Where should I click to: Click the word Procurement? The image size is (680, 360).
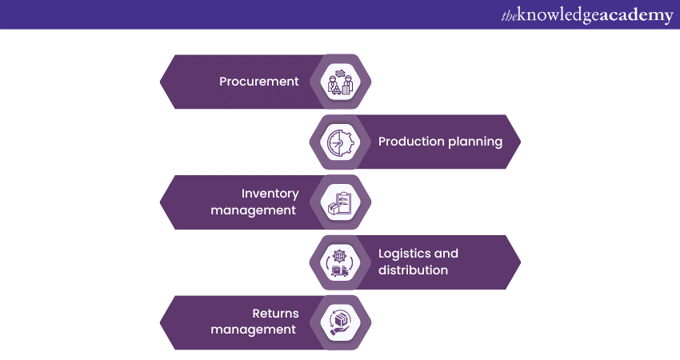pyautogui.click(x=259, y=82)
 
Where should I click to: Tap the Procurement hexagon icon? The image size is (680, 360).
pyautogui.click(x=337, y=82)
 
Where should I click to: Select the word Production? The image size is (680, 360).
pyautogui.click(x=411, y=142)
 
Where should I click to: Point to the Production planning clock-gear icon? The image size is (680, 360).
pyautogui.click(x=337, y=142)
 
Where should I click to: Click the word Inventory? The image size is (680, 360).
pyautogui.click(x=270, y=194)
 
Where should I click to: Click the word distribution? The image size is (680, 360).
pyautogui.click(x=413, y=270)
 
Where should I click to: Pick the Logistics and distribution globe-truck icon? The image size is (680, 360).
pyautogui.click(x=337, y=262)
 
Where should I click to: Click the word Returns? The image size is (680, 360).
pyautogui.click(x=274, y=314)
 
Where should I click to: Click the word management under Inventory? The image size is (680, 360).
pyautogui.click(x=254, y=210)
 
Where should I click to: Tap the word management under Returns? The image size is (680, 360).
pyautogui.click(x=254, y=330)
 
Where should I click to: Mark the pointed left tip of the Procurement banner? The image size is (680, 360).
pyautogui.click(x=162, y=82)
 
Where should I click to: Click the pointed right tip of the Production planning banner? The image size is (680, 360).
pyautogui.click(x=520, y=142)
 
